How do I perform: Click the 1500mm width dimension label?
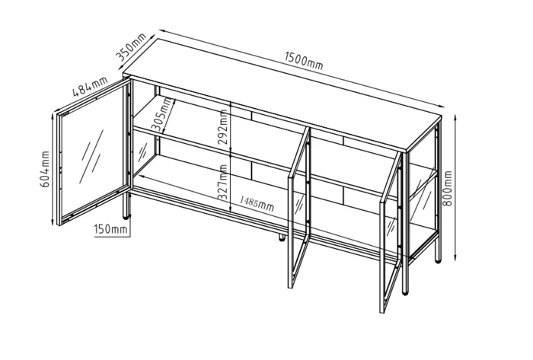click(x=304, y=61)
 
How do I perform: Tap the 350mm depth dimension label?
click(x=131, y=46)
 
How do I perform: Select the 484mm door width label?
click(x=90, y=87)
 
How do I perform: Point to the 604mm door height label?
click(x=45, y=169)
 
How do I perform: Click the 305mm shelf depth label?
click(x=162, y=114)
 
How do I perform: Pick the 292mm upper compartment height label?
click(x=222, y=126)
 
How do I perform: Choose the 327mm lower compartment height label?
click(x=222, y=182)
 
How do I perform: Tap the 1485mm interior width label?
click(x=257, y=202)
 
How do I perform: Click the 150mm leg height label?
click(x=111, y=229)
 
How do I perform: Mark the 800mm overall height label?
click(x=448, y=188)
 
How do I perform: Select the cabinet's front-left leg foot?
click(x=126, y=216)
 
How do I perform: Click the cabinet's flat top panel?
click(x=282, y=94)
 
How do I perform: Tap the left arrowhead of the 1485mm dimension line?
click(x=141, y=177)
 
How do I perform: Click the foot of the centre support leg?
click(x=282, y=238)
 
